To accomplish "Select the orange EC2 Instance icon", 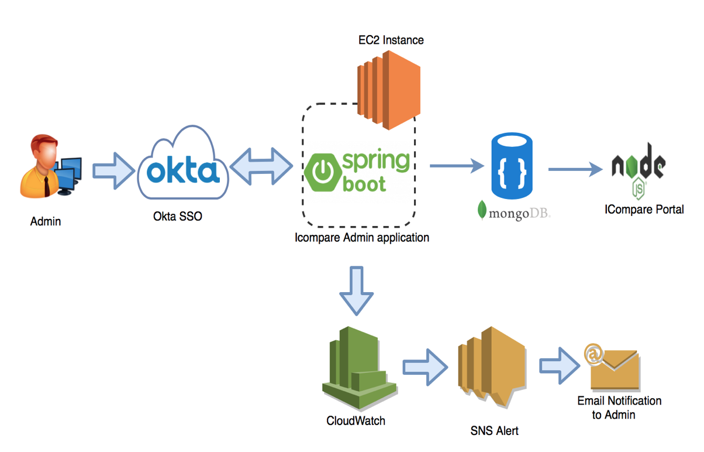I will [x=388, y=88].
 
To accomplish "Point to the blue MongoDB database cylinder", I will [x=512, y=166].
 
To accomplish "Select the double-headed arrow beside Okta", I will [x=261, y=169].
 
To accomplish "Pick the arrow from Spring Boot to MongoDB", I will [x=458, y=166].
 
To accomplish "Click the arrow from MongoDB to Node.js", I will [x=575, y=170].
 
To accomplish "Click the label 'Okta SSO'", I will [x=178, y=217].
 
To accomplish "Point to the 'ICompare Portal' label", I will [x=644, y=210].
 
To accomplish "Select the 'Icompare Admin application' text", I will [x=362, y=238].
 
